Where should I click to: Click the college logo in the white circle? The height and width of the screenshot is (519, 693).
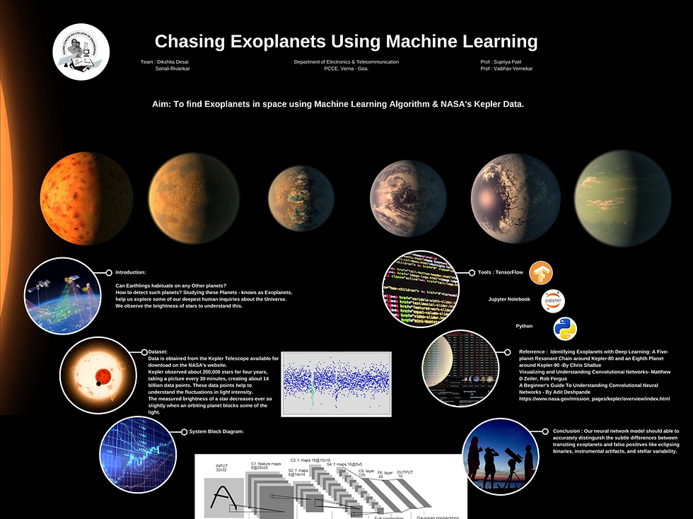tap(81, 52)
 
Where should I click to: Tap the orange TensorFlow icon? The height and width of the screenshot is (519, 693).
tap(541, 273)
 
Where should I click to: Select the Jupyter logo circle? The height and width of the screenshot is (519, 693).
tap(553, 301)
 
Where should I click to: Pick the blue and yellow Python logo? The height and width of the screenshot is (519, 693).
tap(565, 328)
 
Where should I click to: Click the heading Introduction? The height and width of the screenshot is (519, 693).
tap(131, 272)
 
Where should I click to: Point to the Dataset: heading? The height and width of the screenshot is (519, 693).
tap(158, 351)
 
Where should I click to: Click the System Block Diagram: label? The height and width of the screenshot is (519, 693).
tap(216, 431)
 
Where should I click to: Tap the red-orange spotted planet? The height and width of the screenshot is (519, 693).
tap(86, 188)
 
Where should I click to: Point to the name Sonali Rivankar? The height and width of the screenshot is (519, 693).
tap(172, 69)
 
